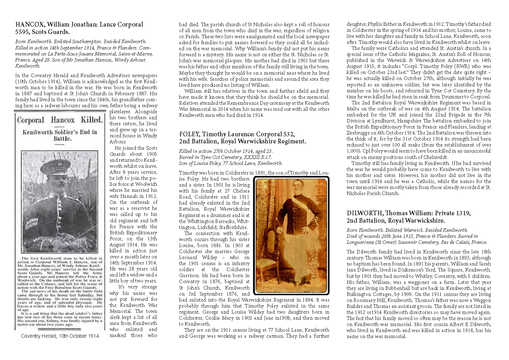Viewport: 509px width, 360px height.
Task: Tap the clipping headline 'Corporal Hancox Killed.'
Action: (60, 120)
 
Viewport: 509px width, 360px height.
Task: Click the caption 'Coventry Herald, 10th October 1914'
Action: (60, 336)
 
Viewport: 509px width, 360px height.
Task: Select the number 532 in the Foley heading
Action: (288, 134)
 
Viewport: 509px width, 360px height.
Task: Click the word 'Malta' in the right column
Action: (353, 109)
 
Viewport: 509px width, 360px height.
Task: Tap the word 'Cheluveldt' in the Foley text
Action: (435, 157)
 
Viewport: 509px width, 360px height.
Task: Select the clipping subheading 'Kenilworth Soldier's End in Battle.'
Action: (60, 135)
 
